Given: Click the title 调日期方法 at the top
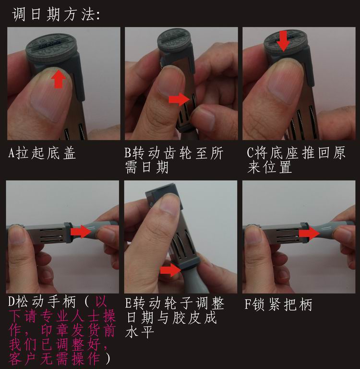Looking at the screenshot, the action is point(57,14).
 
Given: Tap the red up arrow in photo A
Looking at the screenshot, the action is point(58,80).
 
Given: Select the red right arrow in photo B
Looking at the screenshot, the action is point(179,99).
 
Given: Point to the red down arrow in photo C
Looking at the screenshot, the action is point(283,41).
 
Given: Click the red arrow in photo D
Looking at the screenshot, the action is point(81,231).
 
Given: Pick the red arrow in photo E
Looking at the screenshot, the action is point(170,270).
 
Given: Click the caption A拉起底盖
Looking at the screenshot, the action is point(42,153).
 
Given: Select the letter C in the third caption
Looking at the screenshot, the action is point(250,152).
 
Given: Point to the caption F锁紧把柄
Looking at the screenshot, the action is point(278,304).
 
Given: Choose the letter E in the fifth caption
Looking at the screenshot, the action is point(128,303).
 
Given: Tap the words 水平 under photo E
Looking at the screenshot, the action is point(140,332).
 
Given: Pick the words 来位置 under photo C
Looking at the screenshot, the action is point(270,167).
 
